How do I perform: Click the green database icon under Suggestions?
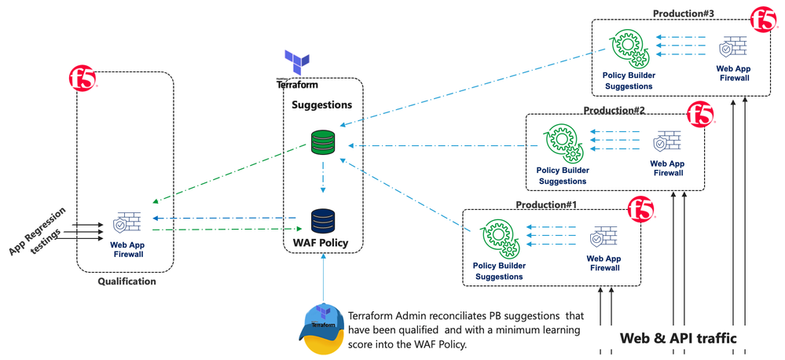323,142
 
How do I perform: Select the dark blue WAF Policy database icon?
323,221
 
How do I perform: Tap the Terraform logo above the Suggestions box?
297,63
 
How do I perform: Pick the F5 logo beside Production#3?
763,20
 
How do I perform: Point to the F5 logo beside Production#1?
641,209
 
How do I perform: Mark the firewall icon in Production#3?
732,49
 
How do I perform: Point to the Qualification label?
127,281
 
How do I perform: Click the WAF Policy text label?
321,243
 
